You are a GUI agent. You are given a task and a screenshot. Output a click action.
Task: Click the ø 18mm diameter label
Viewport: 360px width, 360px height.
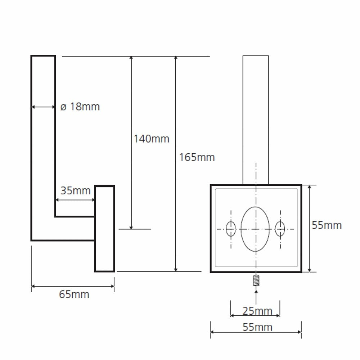tap(80, 107)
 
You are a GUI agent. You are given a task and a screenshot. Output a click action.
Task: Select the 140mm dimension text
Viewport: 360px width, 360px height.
tap(151, 139)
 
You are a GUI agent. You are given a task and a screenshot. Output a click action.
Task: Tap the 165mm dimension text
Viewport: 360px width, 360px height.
tap(197, 158)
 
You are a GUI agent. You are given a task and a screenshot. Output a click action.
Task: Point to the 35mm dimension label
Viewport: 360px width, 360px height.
tap(75, 191)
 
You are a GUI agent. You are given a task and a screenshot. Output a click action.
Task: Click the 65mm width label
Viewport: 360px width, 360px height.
tap(74, 294)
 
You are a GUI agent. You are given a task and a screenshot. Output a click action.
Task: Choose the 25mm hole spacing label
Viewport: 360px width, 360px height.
tap(257, 311)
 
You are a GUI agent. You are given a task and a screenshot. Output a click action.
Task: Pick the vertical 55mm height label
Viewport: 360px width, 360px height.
tap(327, 225)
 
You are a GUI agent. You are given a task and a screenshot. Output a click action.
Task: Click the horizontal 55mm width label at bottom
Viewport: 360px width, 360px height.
tap(257, 327)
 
